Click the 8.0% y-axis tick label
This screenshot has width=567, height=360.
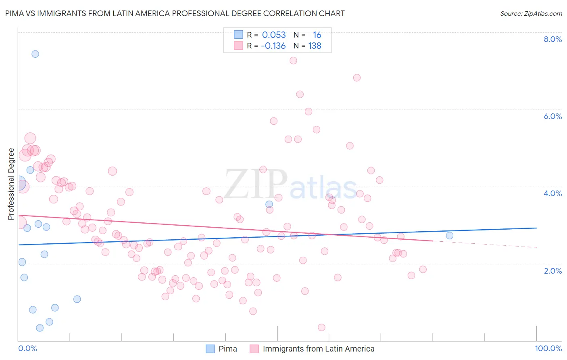pos(552,39)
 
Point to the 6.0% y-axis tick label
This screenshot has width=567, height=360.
pos(552,116)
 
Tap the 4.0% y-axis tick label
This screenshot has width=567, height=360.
pos(552,193)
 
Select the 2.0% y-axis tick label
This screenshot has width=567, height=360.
pos(552,271)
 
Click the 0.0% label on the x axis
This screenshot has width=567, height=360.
pos(27,348)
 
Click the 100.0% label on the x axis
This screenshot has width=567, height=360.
pos(548,348)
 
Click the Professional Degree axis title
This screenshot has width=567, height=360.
pos(11,184)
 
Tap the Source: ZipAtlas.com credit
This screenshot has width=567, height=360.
pos(531,13)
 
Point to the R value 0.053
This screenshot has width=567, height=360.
pos(274,35)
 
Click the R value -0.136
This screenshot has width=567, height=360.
pos(273,46)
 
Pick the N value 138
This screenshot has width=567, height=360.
pos(315,46)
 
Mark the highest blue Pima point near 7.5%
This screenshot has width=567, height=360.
pos(35,54)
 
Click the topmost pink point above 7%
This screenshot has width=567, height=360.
pos(293,61)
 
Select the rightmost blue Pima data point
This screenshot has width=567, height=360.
pos(449,236)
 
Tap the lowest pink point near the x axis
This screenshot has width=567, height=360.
pos(321,327)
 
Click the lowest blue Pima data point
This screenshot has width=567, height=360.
pos(40,328)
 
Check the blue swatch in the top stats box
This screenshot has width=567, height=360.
pos(239,35)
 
